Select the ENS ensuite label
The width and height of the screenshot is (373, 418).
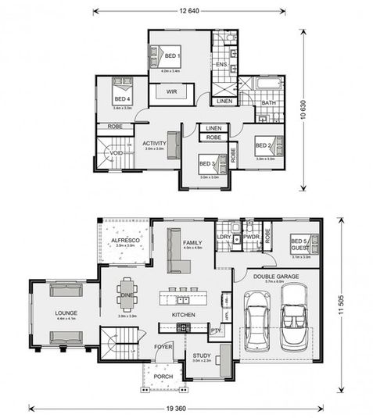click(221, 63)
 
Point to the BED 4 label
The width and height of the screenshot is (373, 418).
click(121, 99)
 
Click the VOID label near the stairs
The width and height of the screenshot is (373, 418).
click(116, 153)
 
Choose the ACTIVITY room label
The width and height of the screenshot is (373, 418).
click(153, 143)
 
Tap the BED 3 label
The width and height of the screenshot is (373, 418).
click(206, 163)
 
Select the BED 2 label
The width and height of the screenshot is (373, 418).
click(262, 146)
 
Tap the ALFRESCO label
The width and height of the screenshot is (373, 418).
click(126, 241)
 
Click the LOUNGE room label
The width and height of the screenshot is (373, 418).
click(66, 313)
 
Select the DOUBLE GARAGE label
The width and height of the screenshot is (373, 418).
click(275, 274)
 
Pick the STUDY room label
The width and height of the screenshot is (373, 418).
click(201, 355)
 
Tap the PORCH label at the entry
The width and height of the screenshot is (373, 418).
click(163, 377)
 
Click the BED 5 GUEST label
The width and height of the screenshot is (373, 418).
click(300, 243)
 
